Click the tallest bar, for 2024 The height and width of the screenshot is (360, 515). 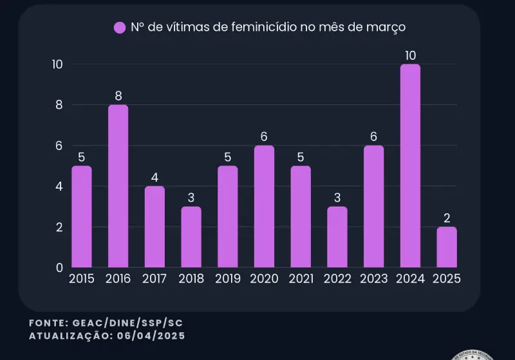coord(410,166)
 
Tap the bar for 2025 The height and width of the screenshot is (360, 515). coord(446,247)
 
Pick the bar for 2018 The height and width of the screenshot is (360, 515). coord(191,236)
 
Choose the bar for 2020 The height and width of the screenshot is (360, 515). coord(264,206)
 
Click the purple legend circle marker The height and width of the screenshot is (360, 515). coord(120,28)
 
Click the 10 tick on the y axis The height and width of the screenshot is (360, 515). coord(57,64)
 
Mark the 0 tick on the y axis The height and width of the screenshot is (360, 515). coord(60,267)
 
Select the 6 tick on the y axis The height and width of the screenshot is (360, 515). coord(60,146)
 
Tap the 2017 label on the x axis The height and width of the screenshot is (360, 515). coord(154,279)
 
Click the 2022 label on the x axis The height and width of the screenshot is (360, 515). coord(337,279)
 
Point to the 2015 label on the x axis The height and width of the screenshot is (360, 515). coord(81,279)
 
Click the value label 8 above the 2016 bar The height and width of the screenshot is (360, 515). coord(118,96)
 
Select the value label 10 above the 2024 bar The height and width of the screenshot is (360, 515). coord(410,55)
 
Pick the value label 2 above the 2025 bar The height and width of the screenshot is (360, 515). coord(446,218)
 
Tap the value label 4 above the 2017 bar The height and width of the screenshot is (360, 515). coord(154,177)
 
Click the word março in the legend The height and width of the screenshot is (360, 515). coord(389,27)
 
